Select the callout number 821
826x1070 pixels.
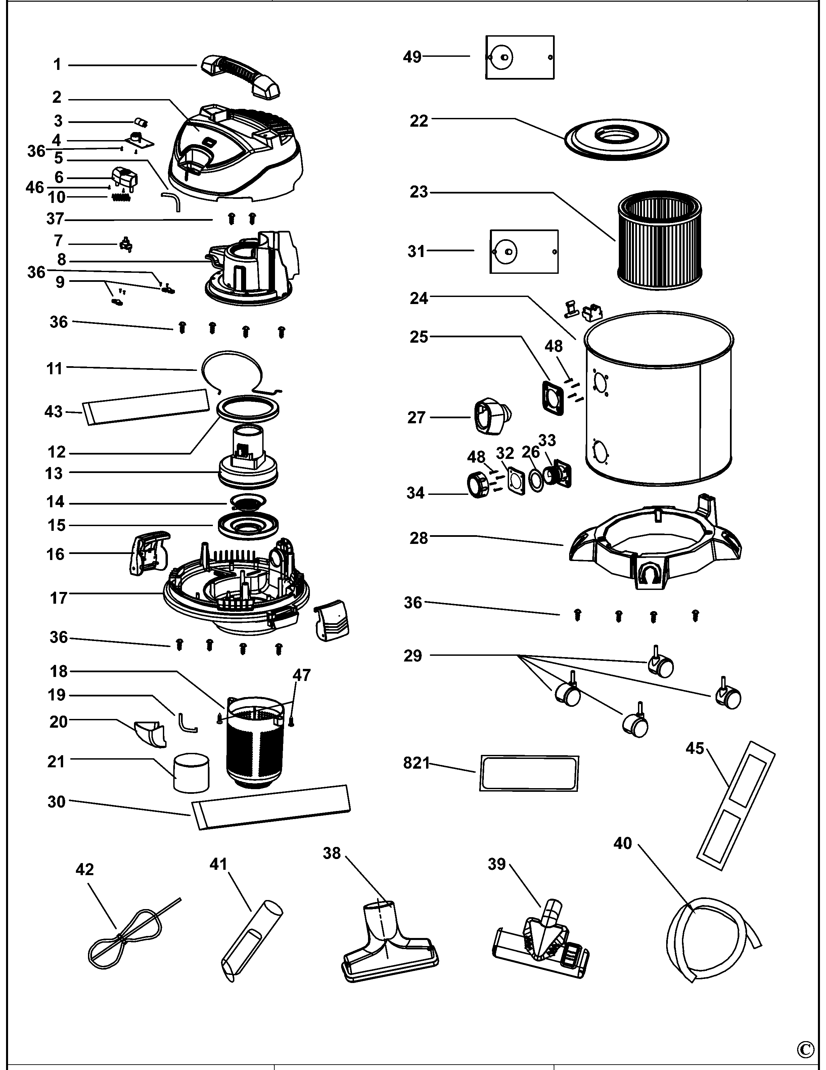tap(416, 763)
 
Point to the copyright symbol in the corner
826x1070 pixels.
tap(806, 1048)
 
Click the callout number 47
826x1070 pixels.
tap(302, 675)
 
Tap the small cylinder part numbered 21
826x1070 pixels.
tap(191, 773)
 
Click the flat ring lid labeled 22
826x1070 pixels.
tap(617, 139)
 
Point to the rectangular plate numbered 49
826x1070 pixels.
tap(520, 57)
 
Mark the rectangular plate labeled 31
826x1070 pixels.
tap(524, 251)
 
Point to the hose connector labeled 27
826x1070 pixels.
tap(491, 416)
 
